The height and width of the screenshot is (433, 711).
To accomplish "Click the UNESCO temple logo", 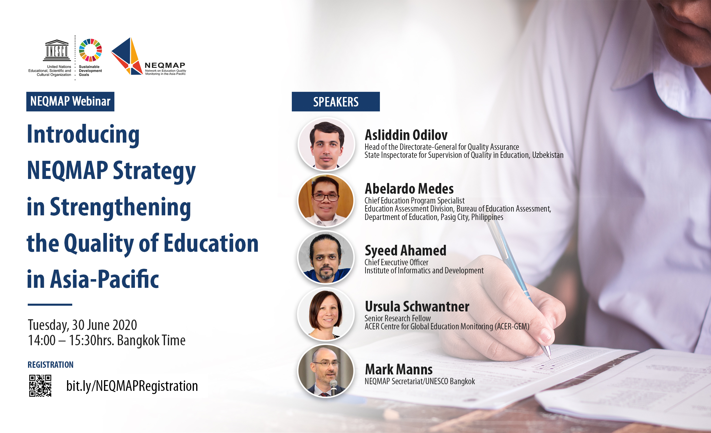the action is click(57, 50).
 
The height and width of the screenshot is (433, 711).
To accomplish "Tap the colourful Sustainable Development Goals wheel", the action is click(90, 50).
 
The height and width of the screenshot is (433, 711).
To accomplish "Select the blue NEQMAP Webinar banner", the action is click(70, 102).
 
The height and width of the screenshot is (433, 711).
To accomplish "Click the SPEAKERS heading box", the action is click(336, 102).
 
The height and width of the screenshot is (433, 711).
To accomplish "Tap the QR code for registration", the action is click(40, 386).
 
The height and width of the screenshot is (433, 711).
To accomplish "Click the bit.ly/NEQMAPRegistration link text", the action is click(132, 386).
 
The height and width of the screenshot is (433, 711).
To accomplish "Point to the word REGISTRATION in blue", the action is click(51, 365).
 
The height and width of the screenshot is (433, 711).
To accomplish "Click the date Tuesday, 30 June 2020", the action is click(82, 325).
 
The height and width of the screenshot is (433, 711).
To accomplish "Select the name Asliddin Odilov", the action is click(406, 135).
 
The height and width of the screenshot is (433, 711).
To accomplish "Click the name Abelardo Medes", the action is click(409, 188).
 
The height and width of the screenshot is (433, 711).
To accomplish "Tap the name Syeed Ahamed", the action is click(406, 251).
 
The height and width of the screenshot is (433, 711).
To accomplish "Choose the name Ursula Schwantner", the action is click(417, 306).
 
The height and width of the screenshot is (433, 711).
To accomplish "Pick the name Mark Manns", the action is click(399, 369).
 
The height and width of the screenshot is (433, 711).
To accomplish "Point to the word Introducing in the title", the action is click(83, 135).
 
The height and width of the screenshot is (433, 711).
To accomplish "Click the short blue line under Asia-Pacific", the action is click(50, 305).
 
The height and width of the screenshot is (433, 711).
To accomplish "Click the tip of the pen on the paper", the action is click(550, 358).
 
